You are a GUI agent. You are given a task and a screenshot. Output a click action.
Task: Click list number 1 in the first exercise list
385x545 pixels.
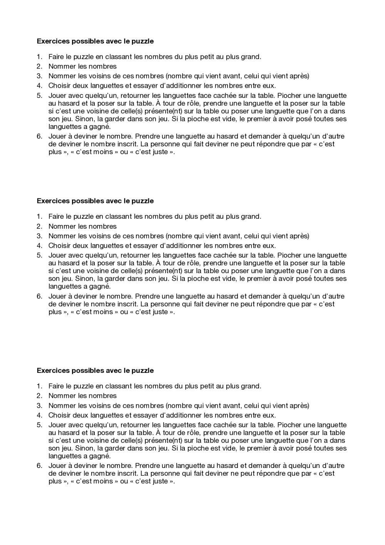(x=39, y=57)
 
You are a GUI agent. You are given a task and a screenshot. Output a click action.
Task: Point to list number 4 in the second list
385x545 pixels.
(x=39, y=246)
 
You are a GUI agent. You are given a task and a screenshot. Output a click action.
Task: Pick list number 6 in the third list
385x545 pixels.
(x=39, y=466)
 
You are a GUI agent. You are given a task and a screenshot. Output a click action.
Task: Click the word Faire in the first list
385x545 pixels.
(x=56, y=57)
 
